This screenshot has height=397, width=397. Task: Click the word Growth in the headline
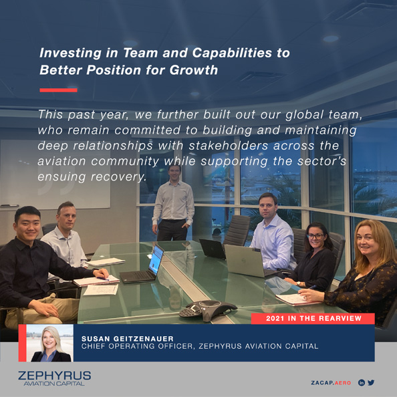click(192, 70)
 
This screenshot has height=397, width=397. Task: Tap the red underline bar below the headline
click(58, 90)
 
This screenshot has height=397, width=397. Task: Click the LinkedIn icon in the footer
click(361, 383)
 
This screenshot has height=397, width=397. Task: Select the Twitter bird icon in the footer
click(371, 383)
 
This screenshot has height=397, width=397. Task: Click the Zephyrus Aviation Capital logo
click(54, 379)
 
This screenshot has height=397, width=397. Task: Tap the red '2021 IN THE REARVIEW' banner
click(313, 318)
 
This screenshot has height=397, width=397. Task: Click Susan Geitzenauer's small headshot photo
click(52, 343)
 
